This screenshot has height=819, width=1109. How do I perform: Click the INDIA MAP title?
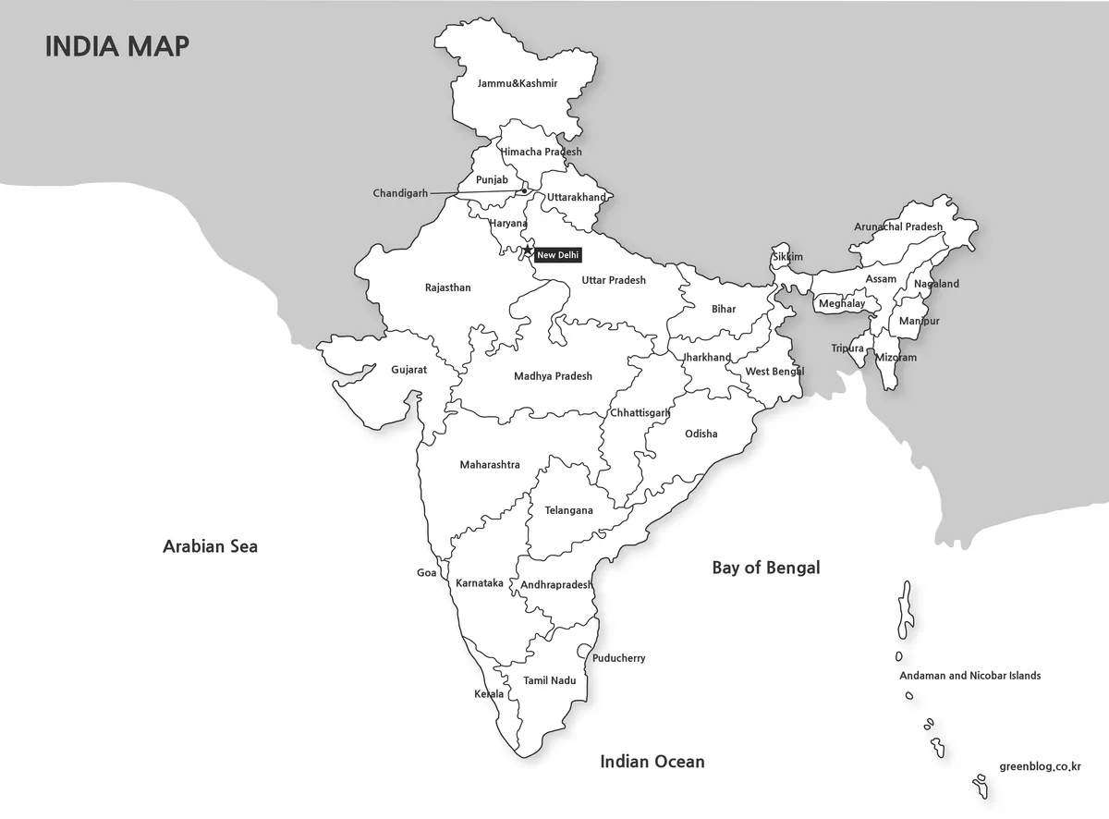click(x=117, y=46)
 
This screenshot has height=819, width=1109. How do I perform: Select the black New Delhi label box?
click(x=558, y=255)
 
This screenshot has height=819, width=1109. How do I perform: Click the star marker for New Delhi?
click(x=528, y=251)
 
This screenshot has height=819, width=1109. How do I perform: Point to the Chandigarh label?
click(x=400, y=193)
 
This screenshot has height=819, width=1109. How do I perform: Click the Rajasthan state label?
click(x=447, y=287)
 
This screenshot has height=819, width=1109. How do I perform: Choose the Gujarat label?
click(x=408, y=369)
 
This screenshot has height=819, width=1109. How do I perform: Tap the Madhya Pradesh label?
click(x=553, y=376)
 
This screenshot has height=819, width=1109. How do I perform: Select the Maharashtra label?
click(x=490, y=465)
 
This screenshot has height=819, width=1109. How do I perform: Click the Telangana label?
click(x=568, y=510)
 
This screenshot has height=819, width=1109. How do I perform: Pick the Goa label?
click(x=426, y=573)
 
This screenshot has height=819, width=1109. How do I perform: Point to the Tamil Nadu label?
click(x=550, y=680)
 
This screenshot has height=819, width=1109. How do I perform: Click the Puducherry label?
click(x=618, y=658)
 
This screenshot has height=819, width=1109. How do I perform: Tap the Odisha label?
click(x=701, y=434)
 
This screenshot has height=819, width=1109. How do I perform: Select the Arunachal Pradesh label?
click(x=898, y=226)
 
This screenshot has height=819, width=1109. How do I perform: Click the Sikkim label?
click(x=787, y=257)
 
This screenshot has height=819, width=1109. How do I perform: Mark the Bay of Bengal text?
click(x=765, y=568)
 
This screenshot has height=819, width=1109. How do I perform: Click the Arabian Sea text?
click(x=210, y=546)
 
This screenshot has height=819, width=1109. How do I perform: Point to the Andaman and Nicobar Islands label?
click(x=969, y=676)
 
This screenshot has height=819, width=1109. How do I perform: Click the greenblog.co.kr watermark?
click(x=1040, y=766)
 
